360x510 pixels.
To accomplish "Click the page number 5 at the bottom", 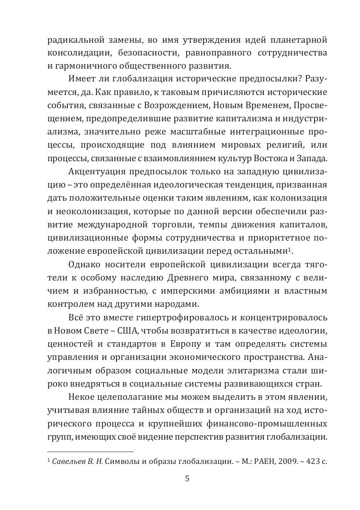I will (187, 478).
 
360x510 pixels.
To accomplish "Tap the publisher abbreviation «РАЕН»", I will (256, 461).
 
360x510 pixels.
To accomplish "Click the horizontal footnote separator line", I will (90, 452).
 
